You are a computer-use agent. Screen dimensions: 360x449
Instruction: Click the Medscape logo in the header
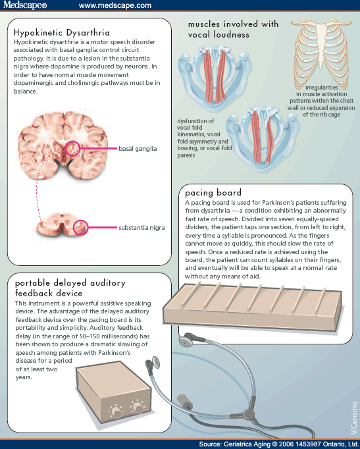(x=25, y=5)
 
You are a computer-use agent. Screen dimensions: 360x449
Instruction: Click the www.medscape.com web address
(x=115, y=5)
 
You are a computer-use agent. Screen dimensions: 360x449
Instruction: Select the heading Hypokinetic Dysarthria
(x=62, y=32)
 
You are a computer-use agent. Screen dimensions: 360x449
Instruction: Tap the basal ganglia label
(x=138, y=149)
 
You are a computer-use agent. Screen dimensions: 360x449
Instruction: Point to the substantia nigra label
(x=141, y=228)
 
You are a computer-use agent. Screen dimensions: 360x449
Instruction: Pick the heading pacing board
(x=213, y=193)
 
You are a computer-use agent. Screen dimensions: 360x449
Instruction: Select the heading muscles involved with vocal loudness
(x=233, y=29)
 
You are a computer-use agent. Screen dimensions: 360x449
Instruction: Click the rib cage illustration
(x=321, y=53)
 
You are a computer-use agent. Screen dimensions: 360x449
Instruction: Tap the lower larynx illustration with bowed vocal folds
(x=263, y=140)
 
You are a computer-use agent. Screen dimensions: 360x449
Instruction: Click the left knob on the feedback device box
(x=116, y=411)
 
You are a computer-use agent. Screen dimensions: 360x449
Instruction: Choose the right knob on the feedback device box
(x=138, y=407)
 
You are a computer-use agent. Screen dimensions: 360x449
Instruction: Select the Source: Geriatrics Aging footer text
(x=279, y=444)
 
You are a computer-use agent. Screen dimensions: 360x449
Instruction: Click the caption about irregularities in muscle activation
(x=321, y=101)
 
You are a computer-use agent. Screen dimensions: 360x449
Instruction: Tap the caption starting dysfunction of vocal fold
(x=204, y=138)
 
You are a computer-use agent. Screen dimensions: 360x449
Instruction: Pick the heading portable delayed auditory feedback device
(x=70, y=288)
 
